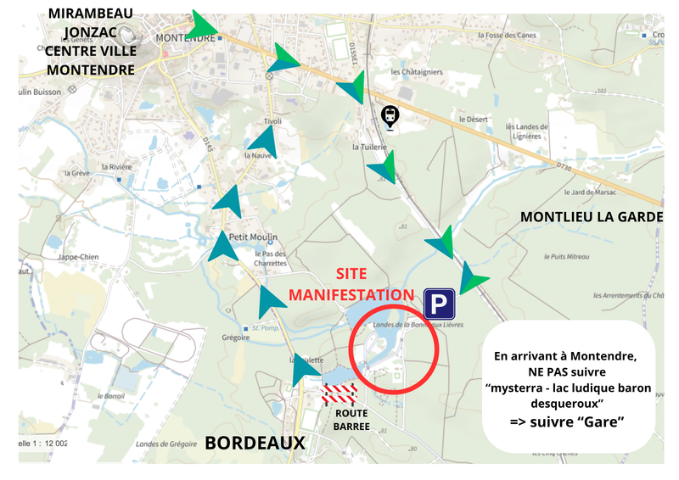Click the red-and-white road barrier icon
point(339,393)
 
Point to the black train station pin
point(390,116)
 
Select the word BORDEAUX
point(254,443)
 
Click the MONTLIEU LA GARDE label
point(591,217)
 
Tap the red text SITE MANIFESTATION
point(351,285)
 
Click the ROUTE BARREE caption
point(351,420)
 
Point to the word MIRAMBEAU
point(91,14)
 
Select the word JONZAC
point(91,32)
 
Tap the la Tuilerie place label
point(369,147)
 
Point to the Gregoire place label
point(235,337)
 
